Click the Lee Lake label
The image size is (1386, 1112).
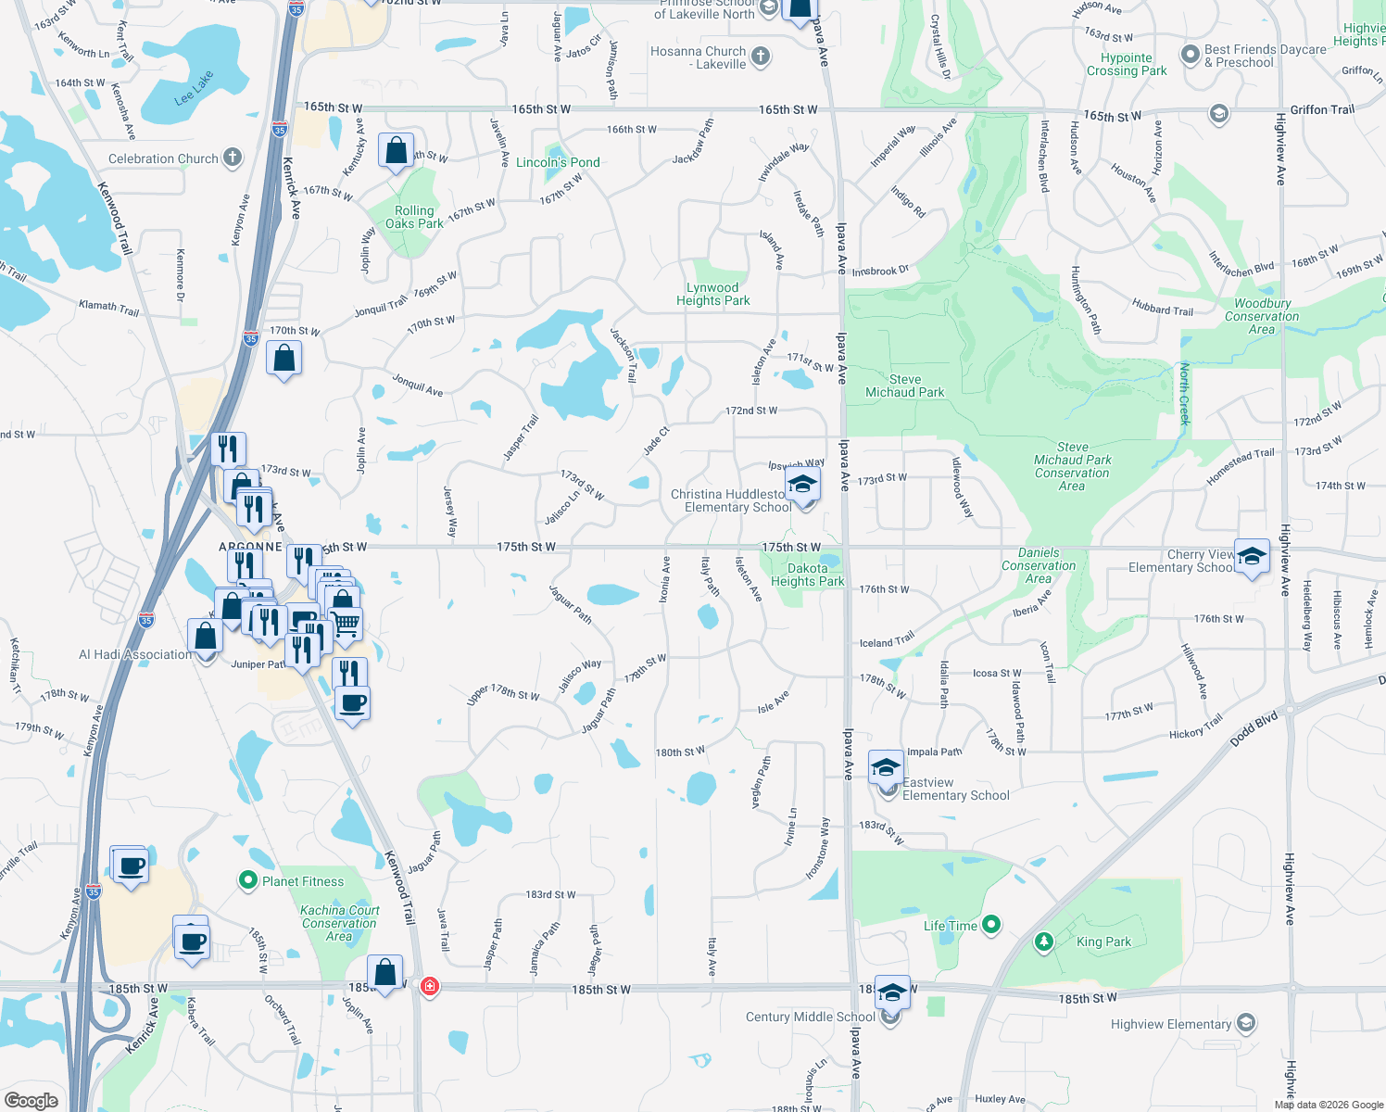pyautogui.click(x=194, y=88)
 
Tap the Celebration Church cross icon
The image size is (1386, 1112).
pyautogui.click(x=233, y=158)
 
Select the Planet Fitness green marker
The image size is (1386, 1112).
pyautogui.click(x=247, y=880)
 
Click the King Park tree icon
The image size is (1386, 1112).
pyautogui.click(x=1044, y=941)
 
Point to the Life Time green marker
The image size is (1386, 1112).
pyautogui.click(x=991, y=924)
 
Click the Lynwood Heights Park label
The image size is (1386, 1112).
pyautogui.click(x=712, y=294)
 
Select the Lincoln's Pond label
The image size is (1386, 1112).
pyautogui.click(x=558, y=162)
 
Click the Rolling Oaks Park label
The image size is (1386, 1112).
pyautogui.click(x=414, y=217)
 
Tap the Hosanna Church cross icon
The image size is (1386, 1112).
pyautogui.click(x=760, y=57)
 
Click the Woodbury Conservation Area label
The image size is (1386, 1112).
pyautogui.click(x=1262, y=316)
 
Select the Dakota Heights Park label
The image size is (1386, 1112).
pyautogui.click(x=807, y=575)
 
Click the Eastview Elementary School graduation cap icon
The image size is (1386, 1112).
pyautogui.click(x=886, y=767)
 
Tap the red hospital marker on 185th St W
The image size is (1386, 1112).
pyautogui.click(x=429, y=985)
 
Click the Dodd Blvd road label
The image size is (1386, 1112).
pyautogui.click(x=1254, y=729)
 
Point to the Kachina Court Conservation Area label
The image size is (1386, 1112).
pyautogui.click(x=340, y=923)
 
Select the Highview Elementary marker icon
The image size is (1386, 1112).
pyautogui.click(x=1246, y=1023)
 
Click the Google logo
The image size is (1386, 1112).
pyautogui.click(x=31, y=1100)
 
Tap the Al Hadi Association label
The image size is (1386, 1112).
pyautogui.click(x=135, y=654)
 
